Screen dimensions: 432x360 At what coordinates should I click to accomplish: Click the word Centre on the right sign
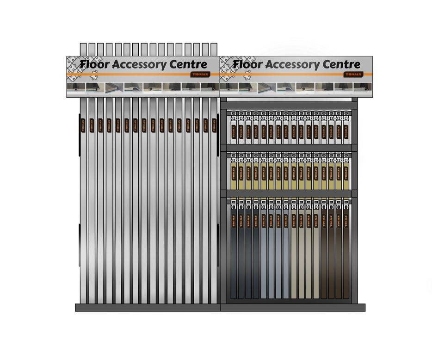coord(340,64)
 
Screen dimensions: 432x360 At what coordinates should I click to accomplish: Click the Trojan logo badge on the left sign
coord(200,74)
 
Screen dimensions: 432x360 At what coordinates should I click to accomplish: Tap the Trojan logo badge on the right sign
coord(354,74)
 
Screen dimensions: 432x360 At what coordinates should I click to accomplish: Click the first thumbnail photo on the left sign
coord(76,87)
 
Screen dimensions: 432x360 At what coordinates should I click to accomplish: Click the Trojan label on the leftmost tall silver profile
coord(83,125)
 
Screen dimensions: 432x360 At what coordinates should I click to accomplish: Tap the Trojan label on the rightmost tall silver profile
coord(214,125)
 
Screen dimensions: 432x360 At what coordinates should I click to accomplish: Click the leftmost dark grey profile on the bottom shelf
coord(234,254)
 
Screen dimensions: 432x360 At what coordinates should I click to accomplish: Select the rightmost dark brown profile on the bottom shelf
coord(346,254)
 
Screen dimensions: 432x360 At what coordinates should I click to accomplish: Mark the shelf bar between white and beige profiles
coord(289,148)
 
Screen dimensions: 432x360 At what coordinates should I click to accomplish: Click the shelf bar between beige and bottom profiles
coord(289,193)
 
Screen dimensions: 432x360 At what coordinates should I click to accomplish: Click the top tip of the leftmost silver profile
coord(83,45)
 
